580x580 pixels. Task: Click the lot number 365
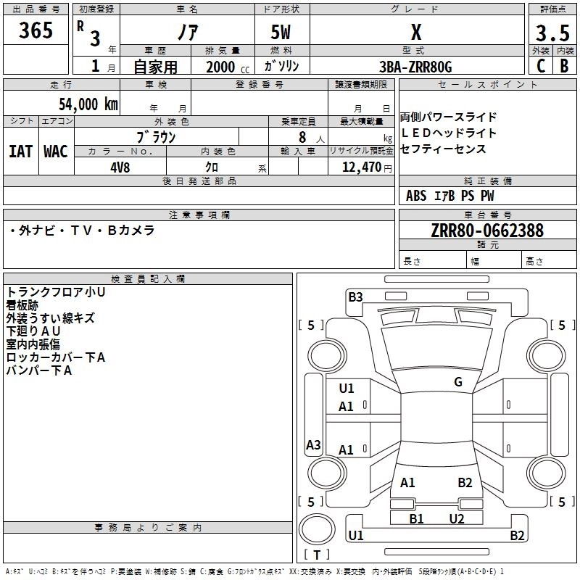[x=36, y=31]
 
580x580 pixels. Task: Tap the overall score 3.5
[x=552, y=33]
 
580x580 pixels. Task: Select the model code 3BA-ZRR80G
[x=415, y=67]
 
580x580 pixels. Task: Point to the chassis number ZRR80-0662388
[x=487, y=231]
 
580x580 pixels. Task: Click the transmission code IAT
[x=20, y=152]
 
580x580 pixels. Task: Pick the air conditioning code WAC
[x=55, y=152]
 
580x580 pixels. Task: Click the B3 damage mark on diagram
[x=355, y=296]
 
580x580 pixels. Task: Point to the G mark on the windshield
[x=458, y=382]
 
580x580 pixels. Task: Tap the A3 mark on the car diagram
[x=313, y=445]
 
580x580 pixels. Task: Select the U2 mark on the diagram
[x=457, y=518]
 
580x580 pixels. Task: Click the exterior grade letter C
[x=540, y=65]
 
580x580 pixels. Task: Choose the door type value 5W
[x=281, y=33]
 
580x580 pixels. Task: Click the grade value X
[x=415, y=33]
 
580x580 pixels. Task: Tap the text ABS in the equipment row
[x=416, y=196]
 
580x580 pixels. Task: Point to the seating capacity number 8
[x=302, y=137]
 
